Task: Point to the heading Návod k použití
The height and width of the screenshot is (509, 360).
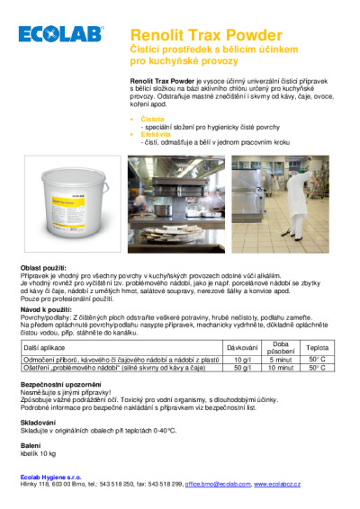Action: (x=46, y=308)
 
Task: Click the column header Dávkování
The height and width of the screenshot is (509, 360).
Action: (x=241, y=346)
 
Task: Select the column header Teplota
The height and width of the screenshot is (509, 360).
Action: (x=317, y=346)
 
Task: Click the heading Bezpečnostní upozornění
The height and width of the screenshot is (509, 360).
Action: (x=58, y=382)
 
